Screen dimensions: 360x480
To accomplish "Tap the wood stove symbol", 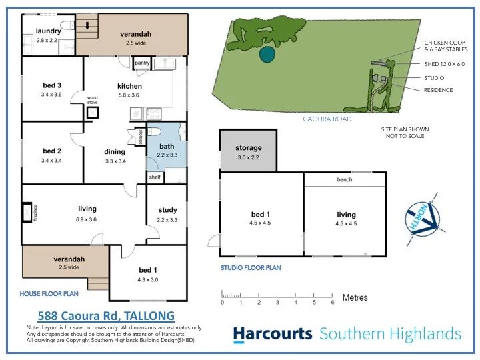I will tap(91, 113).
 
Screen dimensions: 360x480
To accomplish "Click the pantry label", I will tap(142, 63).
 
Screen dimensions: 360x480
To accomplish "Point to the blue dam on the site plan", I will tap(267, 53).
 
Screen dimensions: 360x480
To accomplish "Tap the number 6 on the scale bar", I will tap(332, 303).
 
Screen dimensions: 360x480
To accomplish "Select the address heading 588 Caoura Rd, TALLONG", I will tap(105, 315).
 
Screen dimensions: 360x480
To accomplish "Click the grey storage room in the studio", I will tap(248, 151).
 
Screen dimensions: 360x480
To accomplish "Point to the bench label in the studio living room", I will tap(345, 180).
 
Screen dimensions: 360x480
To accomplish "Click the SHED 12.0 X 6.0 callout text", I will tap(444, 64).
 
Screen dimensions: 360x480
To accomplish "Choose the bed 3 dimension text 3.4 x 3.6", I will tap(51, 95).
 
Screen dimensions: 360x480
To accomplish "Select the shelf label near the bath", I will tap(154, 177).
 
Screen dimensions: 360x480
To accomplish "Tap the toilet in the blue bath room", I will tap(153, 131).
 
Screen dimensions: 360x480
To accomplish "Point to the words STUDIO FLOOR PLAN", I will tap(251, 268).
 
